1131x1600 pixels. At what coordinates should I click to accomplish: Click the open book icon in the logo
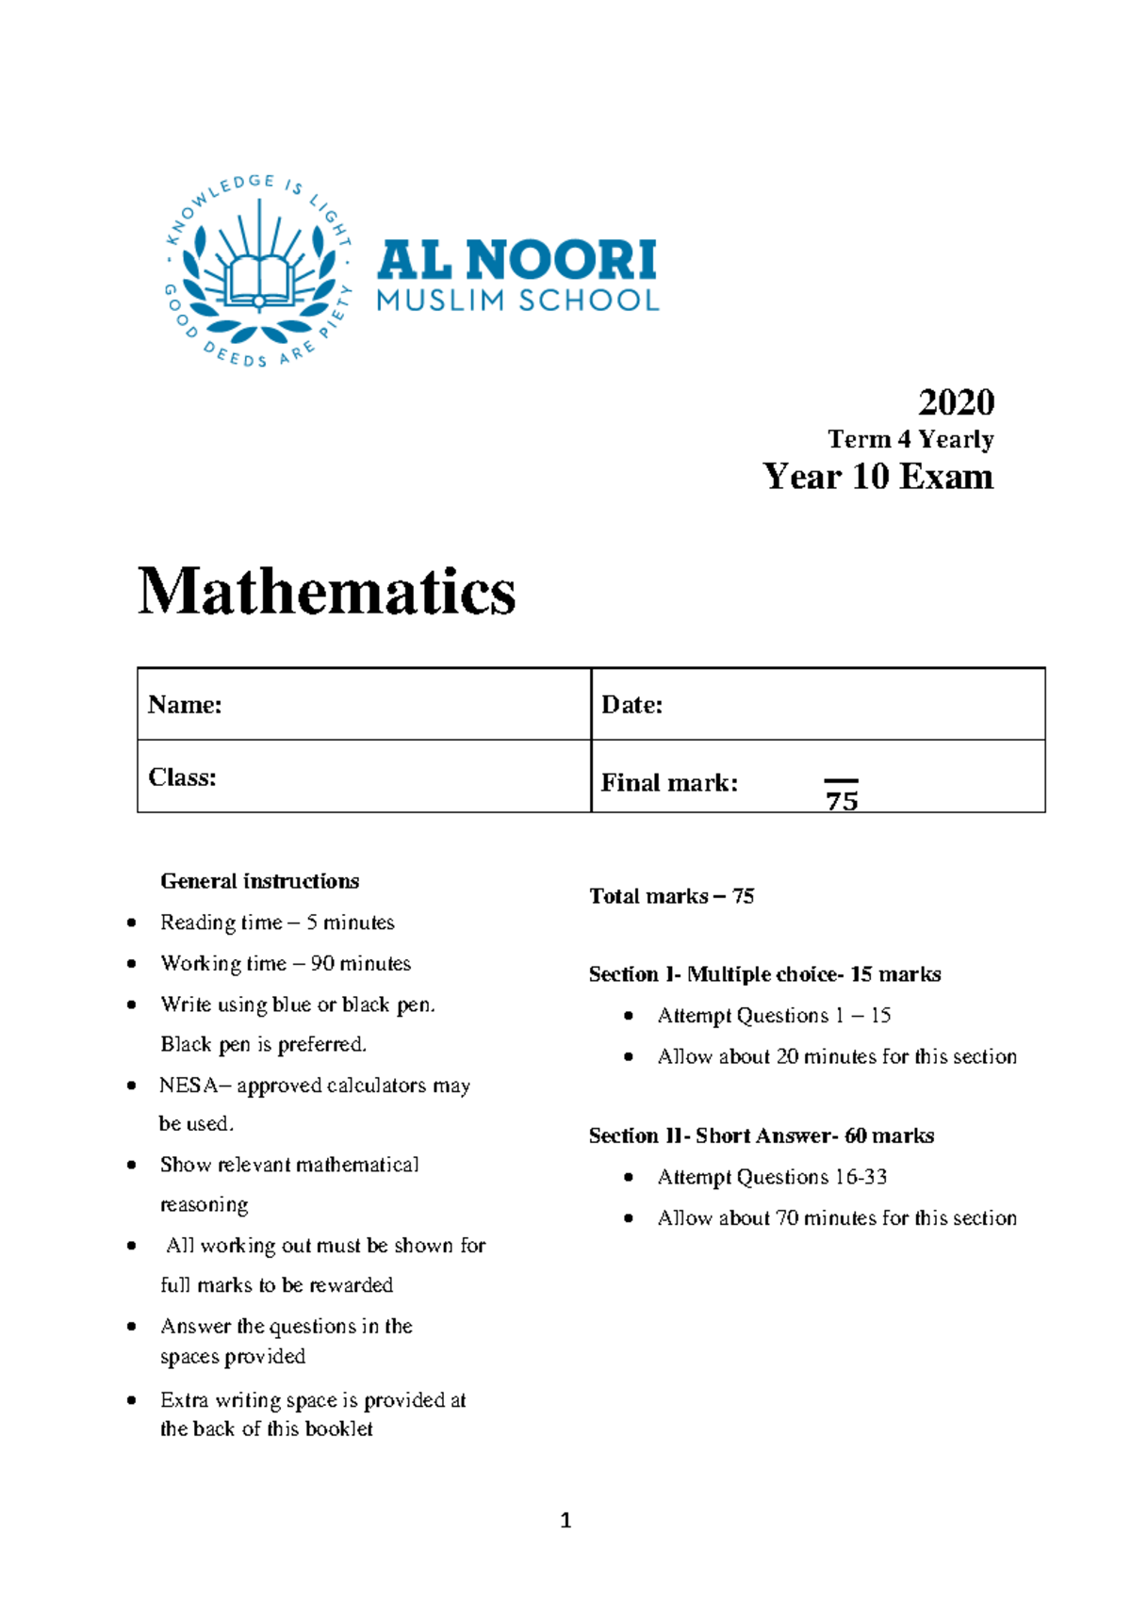tap(259, 279)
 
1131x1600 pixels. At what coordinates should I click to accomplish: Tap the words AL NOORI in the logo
tap(516, 260)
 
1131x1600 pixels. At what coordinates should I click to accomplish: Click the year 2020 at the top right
tap(956, 402)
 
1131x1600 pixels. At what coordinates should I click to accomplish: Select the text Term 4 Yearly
tap(910, 439)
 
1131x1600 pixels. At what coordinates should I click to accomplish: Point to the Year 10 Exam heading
tap(877, 477)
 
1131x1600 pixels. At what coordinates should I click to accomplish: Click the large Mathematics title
tap(326, 592)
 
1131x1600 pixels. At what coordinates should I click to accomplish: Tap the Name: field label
tap(185, 705)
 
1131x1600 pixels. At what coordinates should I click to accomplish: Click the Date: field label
tap(631, 705)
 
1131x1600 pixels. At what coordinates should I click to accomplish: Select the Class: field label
tap(182, 777)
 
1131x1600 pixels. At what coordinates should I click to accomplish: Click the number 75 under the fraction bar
tap(842, 802)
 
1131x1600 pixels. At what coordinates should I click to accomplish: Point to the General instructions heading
tap(259, 881)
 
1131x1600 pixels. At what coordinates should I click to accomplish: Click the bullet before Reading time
tap(132, 922)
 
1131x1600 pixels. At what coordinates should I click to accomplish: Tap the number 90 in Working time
tap(322, 963)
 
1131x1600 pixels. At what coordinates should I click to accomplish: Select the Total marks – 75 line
tap(671, 896)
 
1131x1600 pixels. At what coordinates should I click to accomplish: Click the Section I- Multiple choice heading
tap(764, 974)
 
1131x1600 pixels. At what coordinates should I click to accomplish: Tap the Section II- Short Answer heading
tap(761, 1135)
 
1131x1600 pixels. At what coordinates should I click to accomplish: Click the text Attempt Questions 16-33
tap(772, 1177)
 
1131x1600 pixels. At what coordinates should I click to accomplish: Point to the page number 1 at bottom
tap(565, 1520)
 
